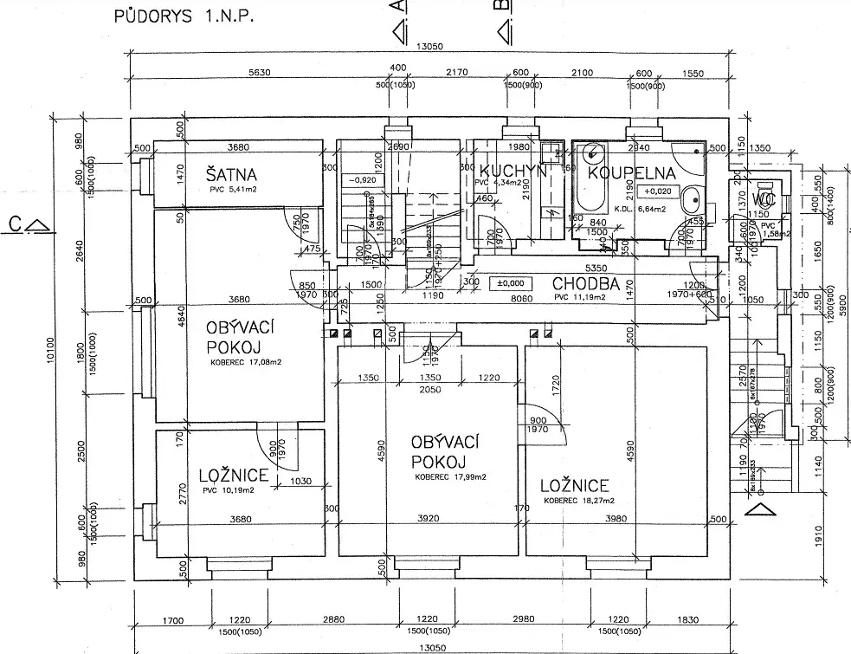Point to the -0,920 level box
click(361, 180)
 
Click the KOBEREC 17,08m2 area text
click(240, 363)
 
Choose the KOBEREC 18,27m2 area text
click(579, 501)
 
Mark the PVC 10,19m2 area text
click(229, 491)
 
